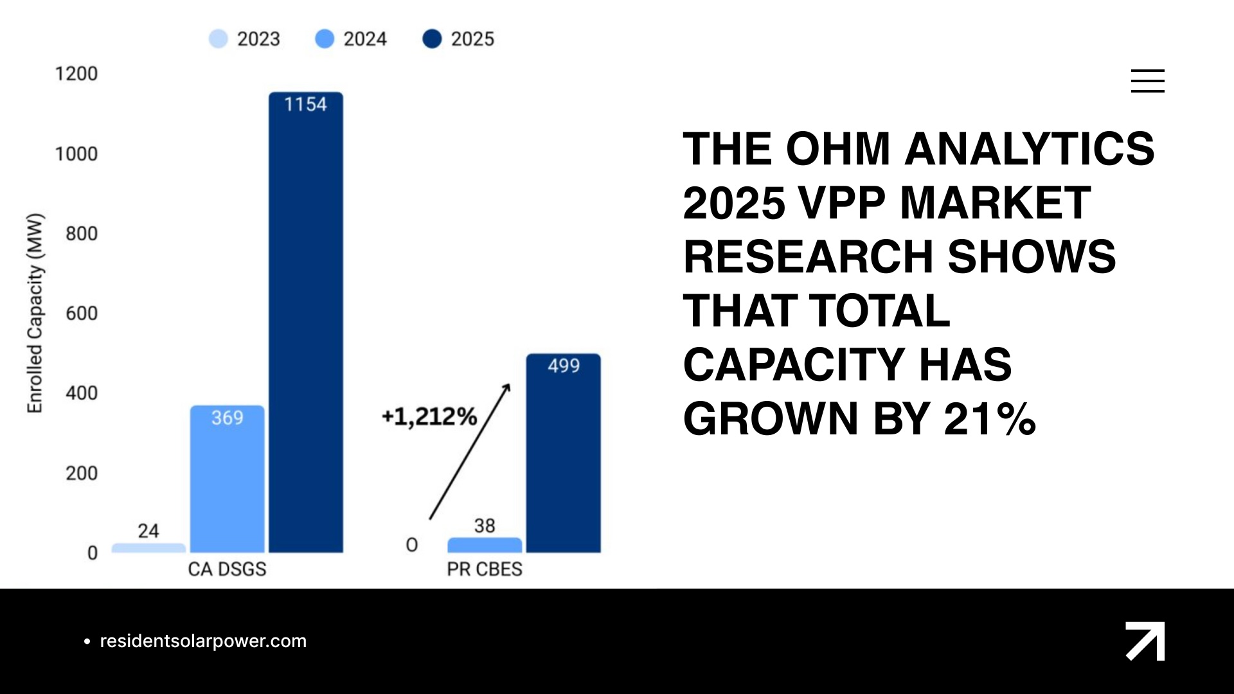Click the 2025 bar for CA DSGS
tap(306, 322)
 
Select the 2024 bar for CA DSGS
tap(227, 479)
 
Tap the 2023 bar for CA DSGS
tap(148, 548)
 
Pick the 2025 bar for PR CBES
tap(564, 453)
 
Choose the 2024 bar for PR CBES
tap(485, 545)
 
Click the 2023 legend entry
tap(245, 39)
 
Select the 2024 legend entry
tap(351, 39)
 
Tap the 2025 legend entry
tap(458, 39)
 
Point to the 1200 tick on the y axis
tap(76, 74)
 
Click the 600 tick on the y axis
tap(82, 314)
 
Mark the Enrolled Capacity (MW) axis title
tap(35, 313)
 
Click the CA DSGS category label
tap(227, 569)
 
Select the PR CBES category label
tap(485, 569)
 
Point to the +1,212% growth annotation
tap(429, 417)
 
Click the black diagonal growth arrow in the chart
tap(470, 452)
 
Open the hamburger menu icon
tap(1148, 81)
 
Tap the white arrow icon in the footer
tap(1145, 641)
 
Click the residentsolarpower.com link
tap(203, 641)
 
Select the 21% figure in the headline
tap(990, 419)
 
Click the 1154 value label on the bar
tap(306, 105)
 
